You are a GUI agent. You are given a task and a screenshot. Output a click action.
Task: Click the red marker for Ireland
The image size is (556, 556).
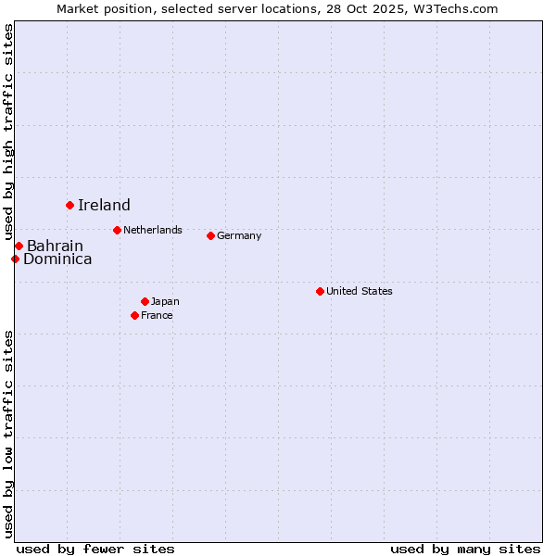pyautogui.click(x=69, y=205)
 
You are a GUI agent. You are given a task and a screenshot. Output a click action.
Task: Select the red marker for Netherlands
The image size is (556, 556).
pyautogui.click(x=117, y=230)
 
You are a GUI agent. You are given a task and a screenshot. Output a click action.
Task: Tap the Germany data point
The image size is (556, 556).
pyautogui.click(x=210, y=235)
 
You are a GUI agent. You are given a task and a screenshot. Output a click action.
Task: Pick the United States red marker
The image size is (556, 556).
pyautogui.click(x=320, y=291)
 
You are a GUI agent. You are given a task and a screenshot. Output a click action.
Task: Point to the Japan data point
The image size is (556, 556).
pyautogui.click(x=145, y=301)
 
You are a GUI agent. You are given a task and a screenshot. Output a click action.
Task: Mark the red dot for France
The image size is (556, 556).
pyautogui.click(x=134, y=315)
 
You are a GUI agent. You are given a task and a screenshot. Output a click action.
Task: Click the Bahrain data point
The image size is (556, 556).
pyautogui.click(x=19, y=246)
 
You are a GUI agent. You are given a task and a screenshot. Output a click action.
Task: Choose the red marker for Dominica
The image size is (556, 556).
pyautogui.click(x=15, y=259)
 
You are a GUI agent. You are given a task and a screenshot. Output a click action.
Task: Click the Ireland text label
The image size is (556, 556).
pyautogui.click(x=104, y=206)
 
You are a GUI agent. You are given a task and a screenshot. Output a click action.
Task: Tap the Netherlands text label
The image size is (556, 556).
pyautogui.click(x=153, y=230)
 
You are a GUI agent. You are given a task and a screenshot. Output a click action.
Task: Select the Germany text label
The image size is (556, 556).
pyautogui.click(x=239, y=235)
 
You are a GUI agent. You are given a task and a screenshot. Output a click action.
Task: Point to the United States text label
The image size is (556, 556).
pyautogui.click(x=360, y=291)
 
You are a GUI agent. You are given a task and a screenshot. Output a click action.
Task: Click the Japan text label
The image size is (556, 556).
pyautogui.click(x=165, y=301)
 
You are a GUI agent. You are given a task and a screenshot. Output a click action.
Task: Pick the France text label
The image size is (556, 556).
pyautogui.click(x=157, y=315)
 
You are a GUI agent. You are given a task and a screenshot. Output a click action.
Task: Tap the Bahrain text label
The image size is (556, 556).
pyautogui.click(x=55, y=246)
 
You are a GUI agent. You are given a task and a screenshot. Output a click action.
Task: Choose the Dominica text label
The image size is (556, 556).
pyautogui.click(x=57, y=259)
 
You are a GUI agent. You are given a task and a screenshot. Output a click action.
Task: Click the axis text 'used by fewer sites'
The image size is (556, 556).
pyautogui.click(x=95, y=549)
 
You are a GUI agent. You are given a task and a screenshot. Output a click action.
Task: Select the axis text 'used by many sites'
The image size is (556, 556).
pyautogui.click(x=465, y=549)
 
